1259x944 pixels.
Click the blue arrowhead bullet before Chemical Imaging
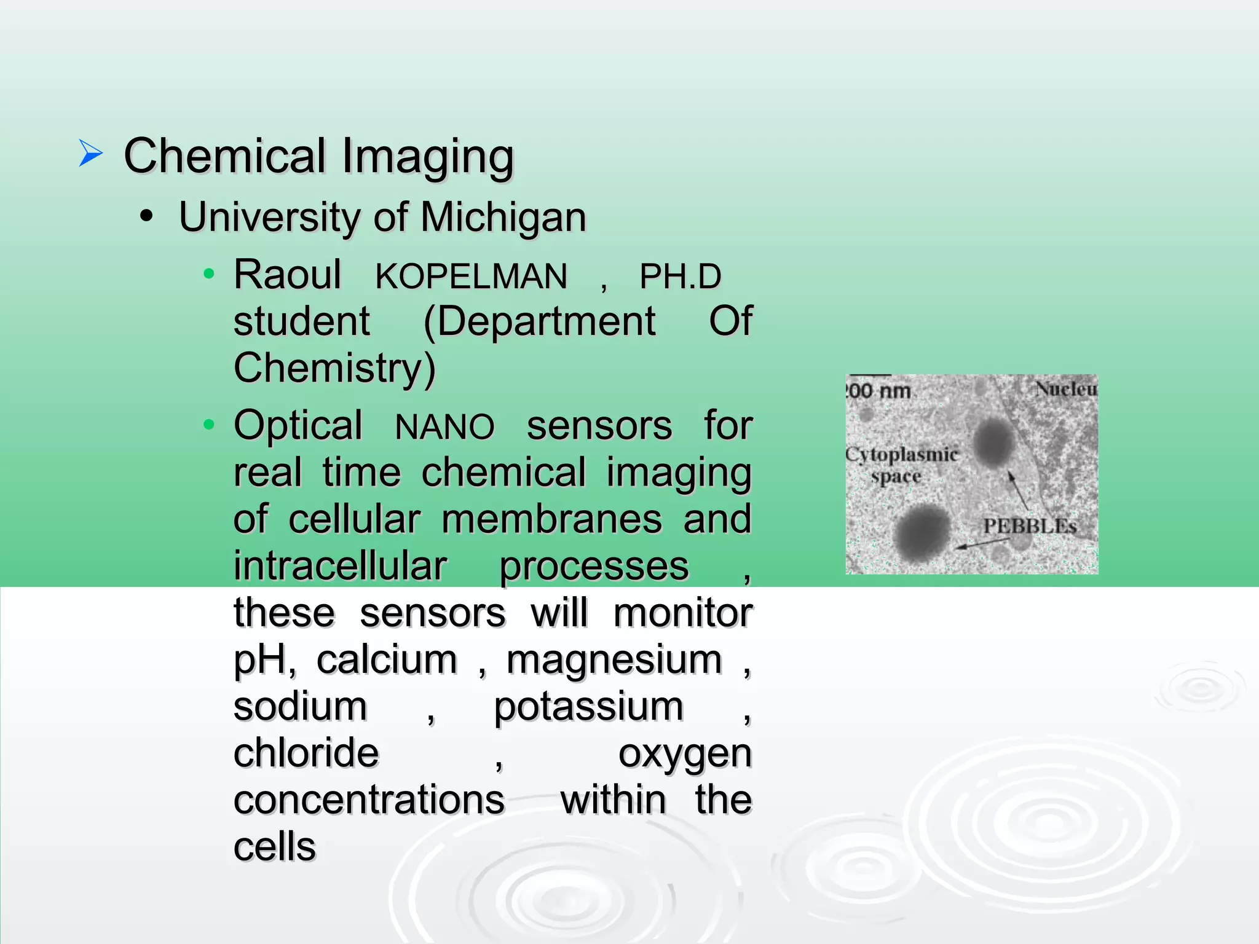[x=90, y=154]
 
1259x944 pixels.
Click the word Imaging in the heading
[x=427, y=157]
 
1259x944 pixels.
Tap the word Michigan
[x=503, y=218]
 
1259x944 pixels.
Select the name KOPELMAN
[x=471, y=277]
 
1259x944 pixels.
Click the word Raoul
[x=287, y=275]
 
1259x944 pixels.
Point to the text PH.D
[x=680, y=277]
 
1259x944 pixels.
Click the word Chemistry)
[x=334, y=369]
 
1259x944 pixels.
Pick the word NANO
[x=444, y=427]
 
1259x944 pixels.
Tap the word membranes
[x=551, y=519]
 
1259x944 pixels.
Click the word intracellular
[x=340, y=566]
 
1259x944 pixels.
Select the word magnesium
[x=614, y=660]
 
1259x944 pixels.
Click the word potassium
[x=588, y=707]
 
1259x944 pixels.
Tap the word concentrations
[x=369, y=800]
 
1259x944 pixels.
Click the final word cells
[x=274, y=847]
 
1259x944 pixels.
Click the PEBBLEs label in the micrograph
[x=1029, y=526]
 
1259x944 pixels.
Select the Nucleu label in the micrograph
[x=1065, y=389]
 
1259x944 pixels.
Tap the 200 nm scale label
[x=878, y=391]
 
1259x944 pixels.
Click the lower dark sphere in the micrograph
[x=921, y=532]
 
